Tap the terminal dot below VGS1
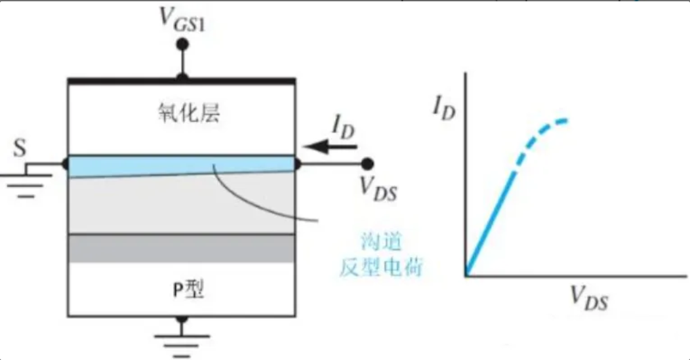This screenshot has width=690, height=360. coord(183,45)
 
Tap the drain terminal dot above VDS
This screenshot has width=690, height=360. coord(368,163)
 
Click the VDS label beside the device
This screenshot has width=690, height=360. coord(379,187)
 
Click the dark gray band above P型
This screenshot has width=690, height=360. coord(182,249)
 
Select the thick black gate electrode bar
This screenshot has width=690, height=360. coord(182,80)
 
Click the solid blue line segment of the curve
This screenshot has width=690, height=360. coord(490,223)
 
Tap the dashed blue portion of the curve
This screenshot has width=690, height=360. coord(544,132)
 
